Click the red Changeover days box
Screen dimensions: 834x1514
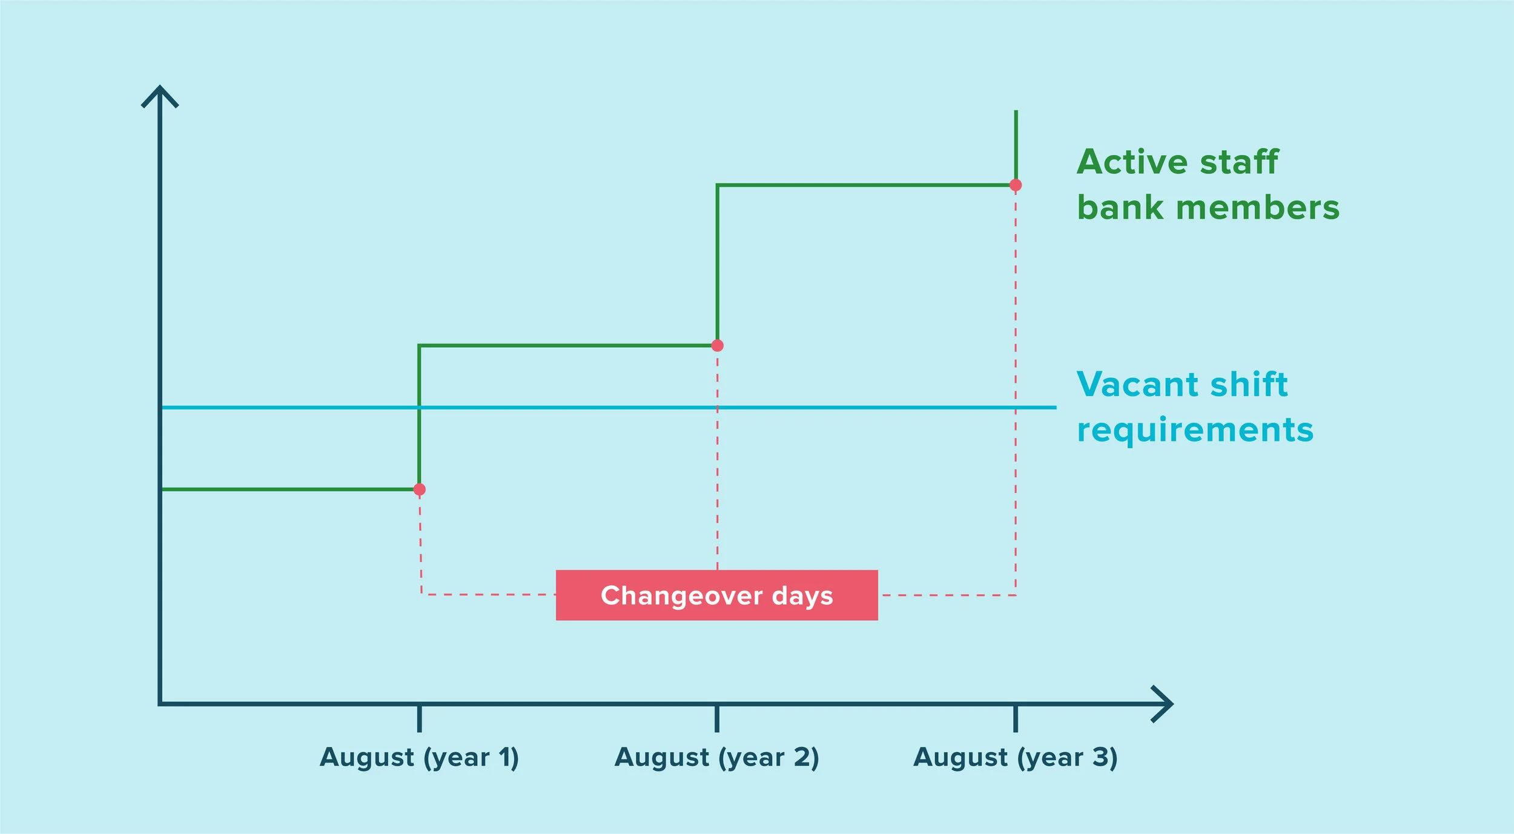click(716, 595)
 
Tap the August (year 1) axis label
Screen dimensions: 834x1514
click(419, 758)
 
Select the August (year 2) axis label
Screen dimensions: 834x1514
click(716, 758)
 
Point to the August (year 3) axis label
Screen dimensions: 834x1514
click(1015, 758)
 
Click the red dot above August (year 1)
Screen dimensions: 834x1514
click(419, 489)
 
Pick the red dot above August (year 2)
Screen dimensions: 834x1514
click(718, 346)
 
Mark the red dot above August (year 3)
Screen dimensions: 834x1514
click(1016, 185)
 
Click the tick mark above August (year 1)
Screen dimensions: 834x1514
click(419, 718)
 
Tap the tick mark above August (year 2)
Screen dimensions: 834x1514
click(717, 718)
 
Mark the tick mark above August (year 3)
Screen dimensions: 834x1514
click(1016, 718)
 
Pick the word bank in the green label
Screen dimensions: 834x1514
click(1120, 208)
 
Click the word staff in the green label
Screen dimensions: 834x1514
click(1239, 162)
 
